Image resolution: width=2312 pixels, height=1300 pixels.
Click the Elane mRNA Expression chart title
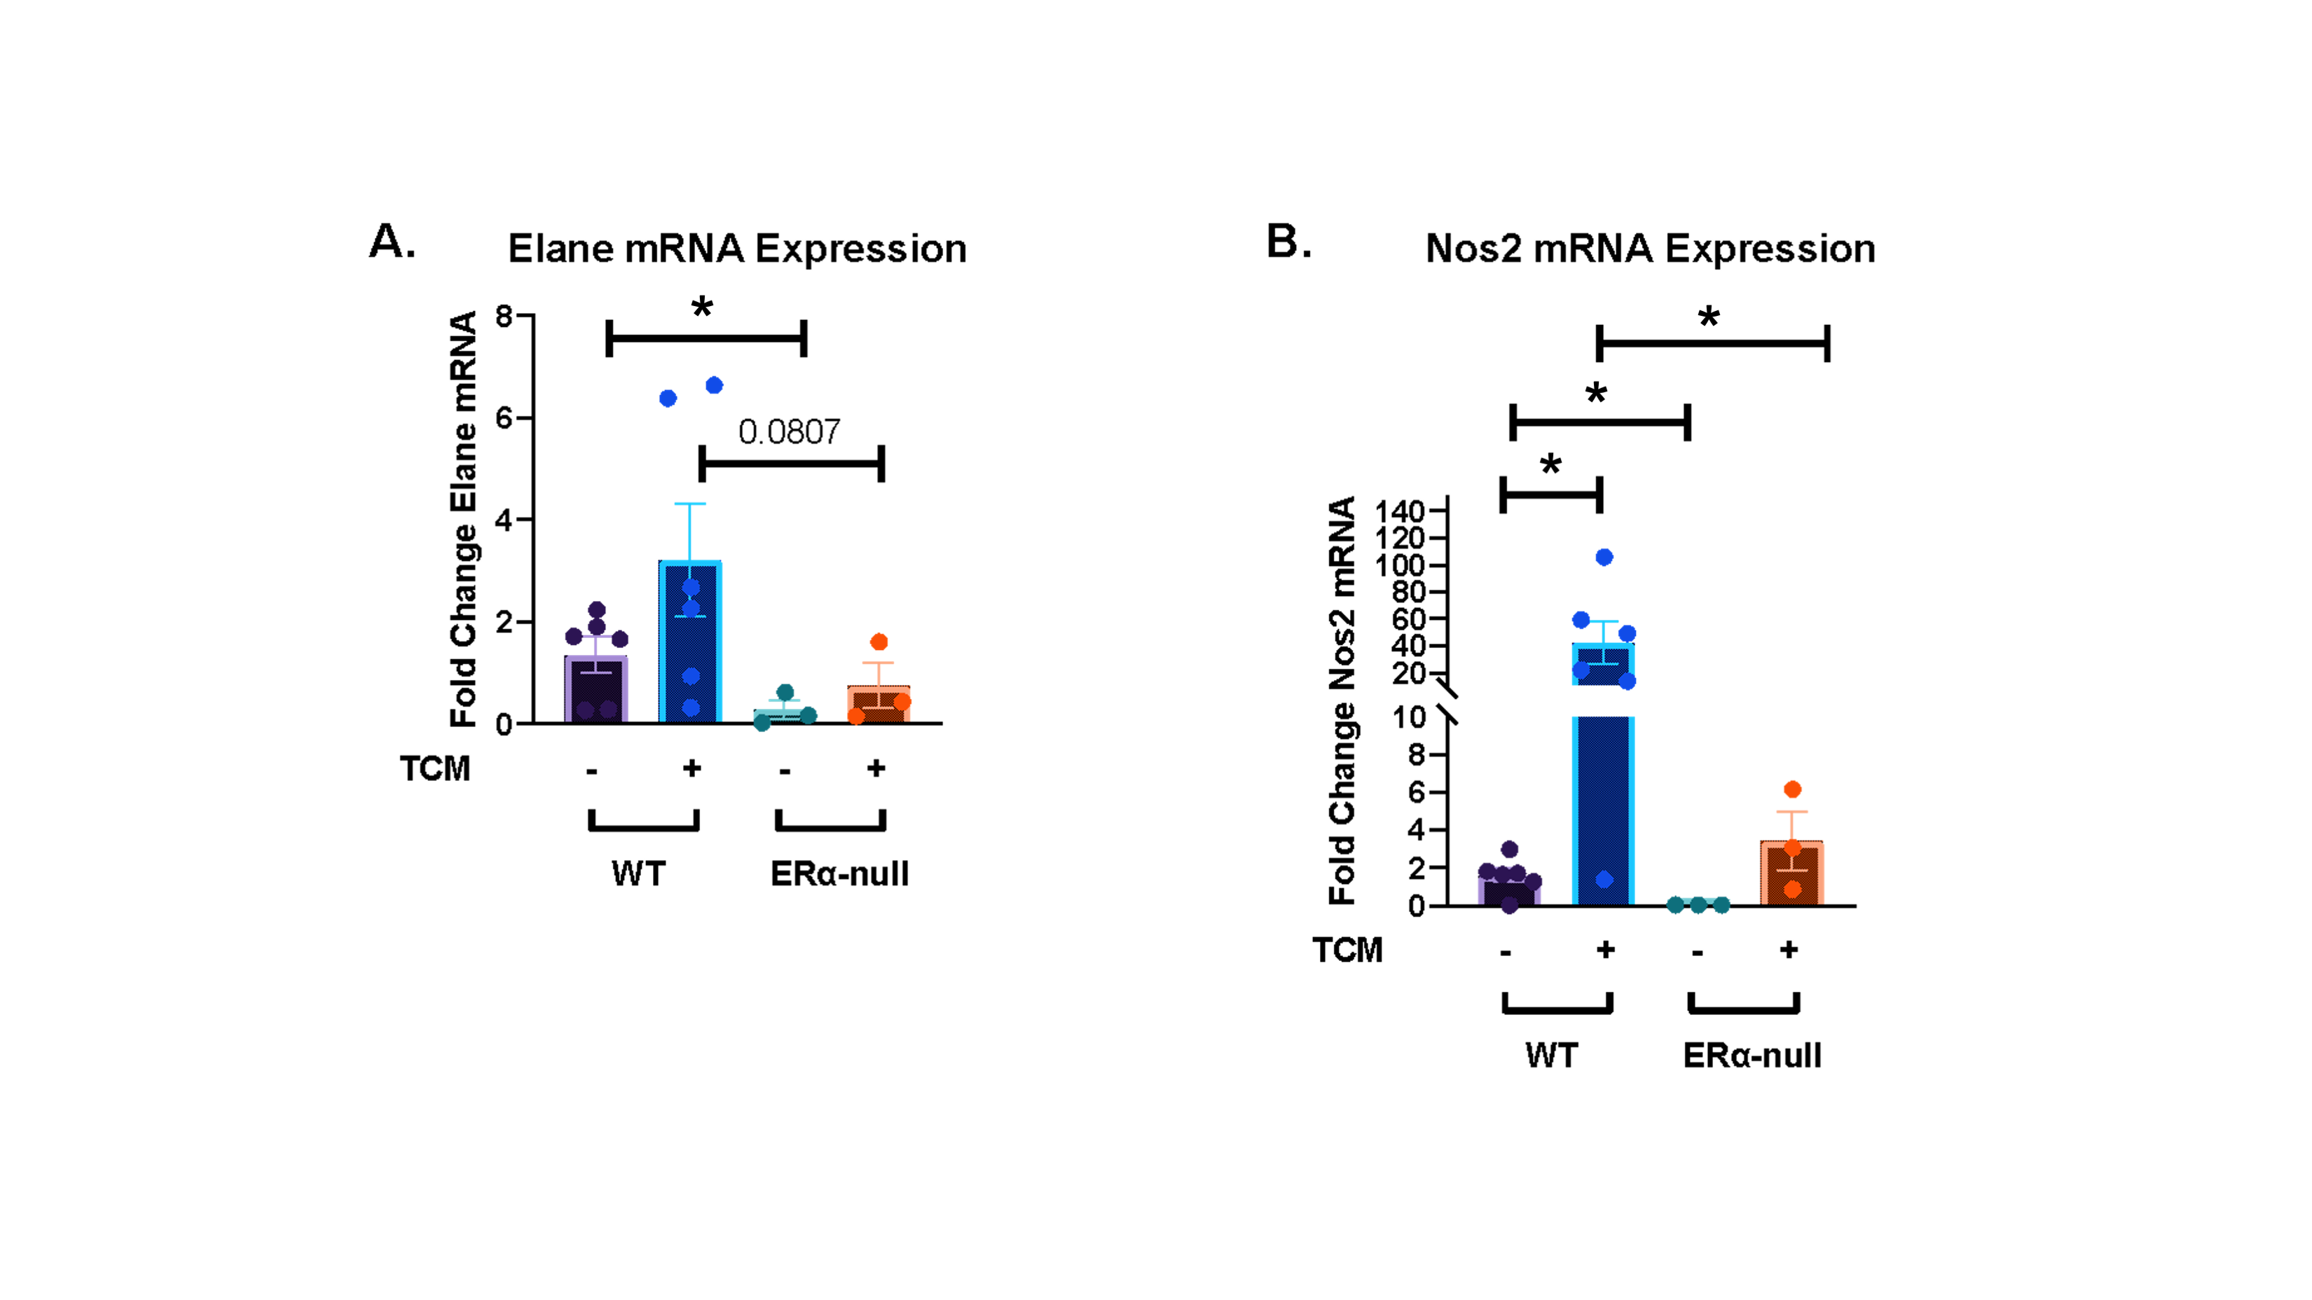737,249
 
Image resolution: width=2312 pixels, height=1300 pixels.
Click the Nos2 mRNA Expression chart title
1650,249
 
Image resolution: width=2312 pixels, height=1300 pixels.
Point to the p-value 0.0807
789,431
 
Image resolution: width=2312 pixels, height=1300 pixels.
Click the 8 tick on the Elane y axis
504,316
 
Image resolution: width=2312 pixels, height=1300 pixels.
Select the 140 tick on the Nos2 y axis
1400,511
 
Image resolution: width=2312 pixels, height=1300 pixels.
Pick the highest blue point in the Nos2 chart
1604,557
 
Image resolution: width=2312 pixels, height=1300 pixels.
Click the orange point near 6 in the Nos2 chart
1791,789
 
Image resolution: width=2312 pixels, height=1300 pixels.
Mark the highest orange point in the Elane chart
879,642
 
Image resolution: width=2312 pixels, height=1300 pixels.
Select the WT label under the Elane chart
638,873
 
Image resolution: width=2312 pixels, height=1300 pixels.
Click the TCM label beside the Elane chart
434,769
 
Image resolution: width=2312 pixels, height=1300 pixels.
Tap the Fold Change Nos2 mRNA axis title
1342,700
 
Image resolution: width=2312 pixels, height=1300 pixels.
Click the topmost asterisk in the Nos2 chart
1708,317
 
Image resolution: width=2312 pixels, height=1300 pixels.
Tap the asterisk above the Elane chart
702,307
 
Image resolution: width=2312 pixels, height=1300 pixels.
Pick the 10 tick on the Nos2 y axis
1408,717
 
